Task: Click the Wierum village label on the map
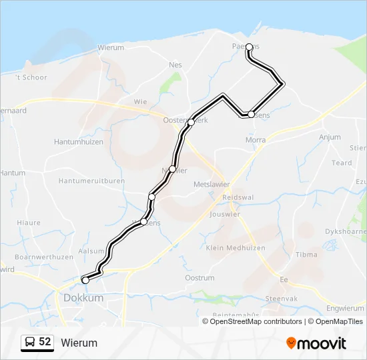coord(111,47)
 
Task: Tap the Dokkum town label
coord(83,298)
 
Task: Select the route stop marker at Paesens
coord(249,47)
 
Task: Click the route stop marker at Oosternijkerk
coord(191,121)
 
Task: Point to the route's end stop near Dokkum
coord(85,280)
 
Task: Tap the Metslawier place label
coord(211,184)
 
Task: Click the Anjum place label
coord(330,137)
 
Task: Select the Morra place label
coord(256,140)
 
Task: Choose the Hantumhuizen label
coord(79,142)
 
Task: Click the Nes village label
coord(175,65)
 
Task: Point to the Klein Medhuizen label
coord(236,248)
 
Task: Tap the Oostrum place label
coord(200,278)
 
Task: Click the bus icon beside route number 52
coord(30,342)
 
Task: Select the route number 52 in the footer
coord(45,342)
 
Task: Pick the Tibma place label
coord(307,255)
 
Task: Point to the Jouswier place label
coord(225,215)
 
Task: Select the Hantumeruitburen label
coord(91,181)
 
